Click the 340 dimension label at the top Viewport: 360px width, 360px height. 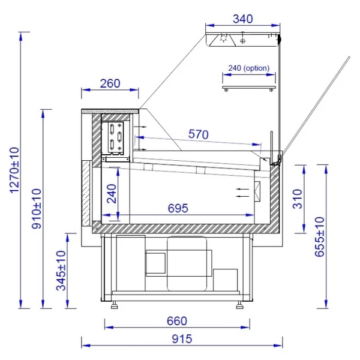coord(242,19)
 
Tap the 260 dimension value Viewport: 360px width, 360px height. coord(110,83)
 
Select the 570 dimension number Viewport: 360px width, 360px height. coord(199,134)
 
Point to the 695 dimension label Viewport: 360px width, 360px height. coord(178,208)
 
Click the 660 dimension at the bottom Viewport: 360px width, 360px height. coord(177,321)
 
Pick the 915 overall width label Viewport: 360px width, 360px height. coord(182,339)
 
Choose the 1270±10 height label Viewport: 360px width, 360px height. coord(14,170)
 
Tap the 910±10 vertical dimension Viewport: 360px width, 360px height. coord(36,209)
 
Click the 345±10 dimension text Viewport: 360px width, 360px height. coord(61,271)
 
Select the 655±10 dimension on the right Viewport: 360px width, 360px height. coord(319,237)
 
